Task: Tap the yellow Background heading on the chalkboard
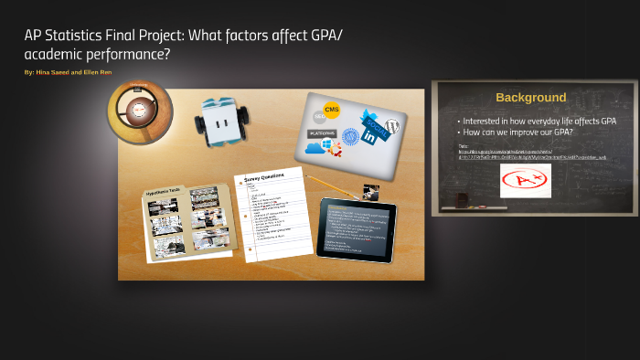[x=530, y=97]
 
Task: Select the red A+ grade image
[x=526, y=180]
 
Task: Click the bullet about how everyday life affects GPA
[x=539, y=121]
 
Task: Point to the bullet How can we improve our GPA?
[x=517, y=132]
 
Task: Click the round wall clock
[x=139, y=111]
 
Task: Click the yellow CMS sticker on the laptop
[x=331, y=110]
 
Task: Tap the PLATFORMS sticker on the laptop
[x=322, y=133]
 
